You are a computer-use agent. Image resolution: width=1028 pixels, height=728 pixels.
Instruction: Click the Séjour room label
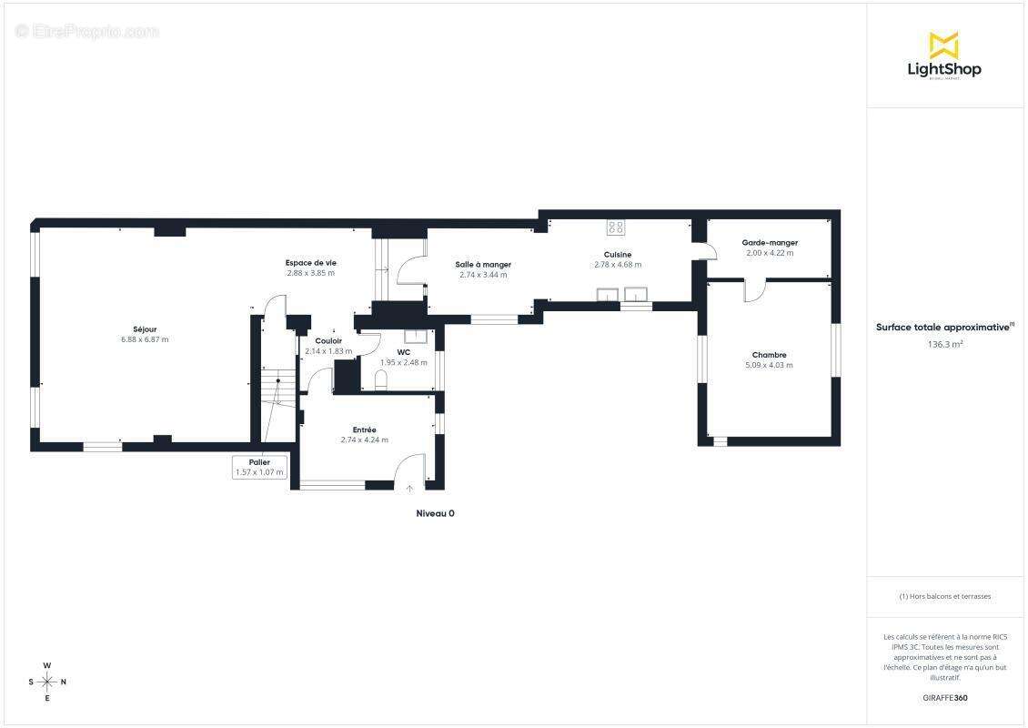click(x=145, y=329)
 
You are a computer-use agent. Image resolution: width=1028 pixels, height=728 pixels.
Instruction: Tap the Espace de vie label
click(x=311, y=263)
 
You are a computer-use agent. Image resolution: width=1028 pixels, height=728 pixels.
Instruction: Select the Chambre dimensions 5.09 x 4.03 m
click(x=769, y=365)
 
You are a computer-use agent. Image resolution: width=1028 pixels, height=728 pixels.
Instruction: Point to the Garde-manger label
click(x=770, y=243)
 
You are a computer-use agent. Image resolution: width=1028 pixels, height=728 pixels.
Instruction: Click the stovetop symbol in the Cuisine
click(x=616, y=227)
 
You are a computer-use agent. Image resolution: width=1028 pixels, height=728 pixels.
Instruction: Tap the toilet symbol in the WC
click(x=381, y=379)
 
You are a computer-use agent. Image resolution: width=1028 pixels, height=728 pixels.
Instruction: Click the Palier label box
click(x=259, y=467)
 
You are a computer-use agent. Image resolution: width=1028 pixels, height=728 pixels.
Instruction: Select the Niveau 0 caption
click(x=436, y=513)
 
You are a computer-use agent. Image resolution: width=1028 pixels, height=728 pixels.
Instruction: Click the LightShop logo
click(x=944, y=56)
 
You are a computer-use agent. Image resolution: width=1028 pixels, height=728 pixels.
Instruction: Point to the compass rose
click(x=47, y=682)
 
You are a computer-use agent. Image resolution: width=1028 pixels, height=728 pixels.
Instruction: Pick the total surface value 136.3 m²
click(x=944, y=344)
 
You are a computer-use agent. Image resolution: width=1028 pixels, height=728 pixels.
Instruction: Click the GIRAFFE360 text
click(x=944, y=698)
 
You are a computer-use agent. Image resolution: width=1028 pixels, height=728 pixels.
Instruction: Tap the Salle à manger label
click(x=483, y=265)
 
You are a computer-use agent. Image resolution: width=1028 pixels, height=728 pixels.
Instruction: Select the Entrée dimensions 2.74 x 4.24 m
click(x=365, y=440)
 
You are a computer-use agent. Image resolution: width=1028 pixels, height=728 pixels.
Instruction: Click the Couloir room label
click(x=328, y=341)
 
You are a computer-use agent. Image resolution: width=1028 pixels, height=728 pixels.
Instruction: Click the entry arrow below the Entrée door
click(x=409, y=489)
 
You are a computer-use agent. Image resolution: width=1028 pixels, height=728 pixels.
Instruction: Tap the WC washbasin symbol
click(x=416, y=337)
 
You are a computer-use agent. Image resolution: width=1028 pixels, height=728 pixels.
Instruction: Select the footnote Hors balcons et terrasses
click(x=944, y=597)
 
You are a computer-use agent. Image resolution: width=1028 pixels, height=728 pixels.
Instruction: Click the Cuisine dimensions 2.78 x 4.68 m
click(x=618, y=265)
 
